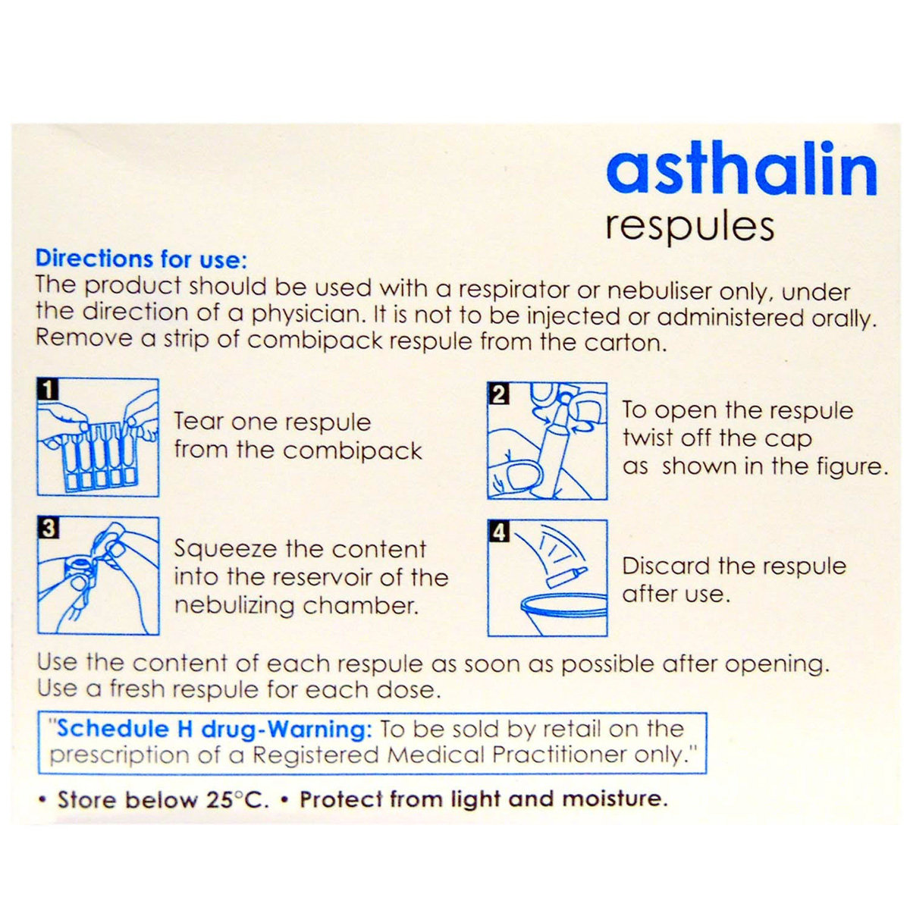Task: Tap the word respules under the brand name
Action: click(x=689, y=227)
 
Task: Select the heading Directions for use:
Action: click(x=141, y=259)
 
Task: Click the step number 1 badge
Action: click(x=48, y=390)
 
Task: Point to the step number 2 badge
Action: click(x=498, y=394)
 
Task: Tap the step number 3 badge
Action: click(x=48, y=528)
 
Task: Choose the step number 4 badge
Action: click(x=498, y=532)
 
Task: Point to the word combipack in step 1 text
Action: click(x=353, y=451)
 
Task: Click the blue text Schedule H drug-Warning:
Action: click(x=215, y=729)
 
